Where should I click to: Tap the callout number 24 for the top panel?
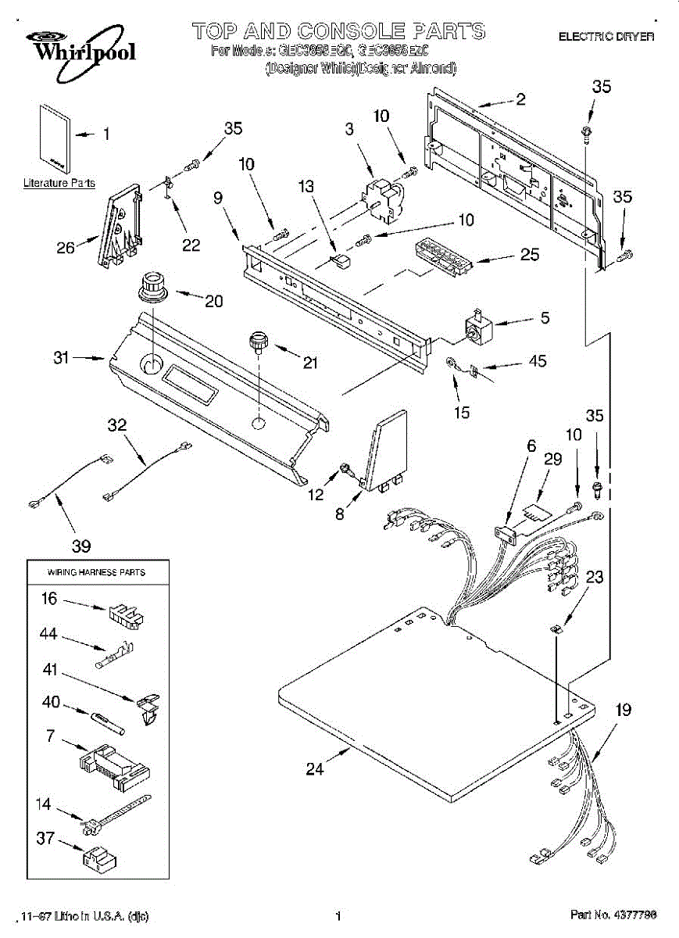coord(314,769)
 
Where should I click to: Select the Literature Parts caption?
coord(59,184)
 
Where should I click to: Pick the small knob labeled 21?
coord(259,341)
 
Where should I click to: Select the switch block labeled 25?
coord(440,256)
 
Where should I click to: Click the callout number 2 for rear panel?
coord(520,99)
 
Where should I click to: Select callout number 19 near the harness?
coord(623,711)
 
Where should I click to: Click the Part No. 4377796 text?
coord(613,915)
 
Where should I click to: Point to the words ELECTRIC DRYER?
coord(606,36)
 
